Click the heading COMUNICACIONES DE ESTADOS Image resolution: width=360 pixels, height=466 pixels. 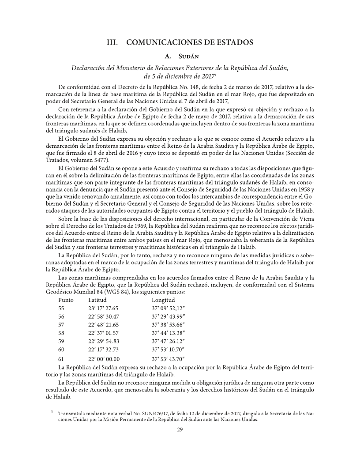(190, 43)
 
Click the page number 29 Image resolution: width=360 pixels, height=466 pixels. (180, 431)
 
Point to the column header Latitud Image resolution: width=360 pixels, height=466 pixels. (97, 301)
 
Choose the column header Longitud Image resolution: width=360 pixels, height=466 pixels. (164, 301)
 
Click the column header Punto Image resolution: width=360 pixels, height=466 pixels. (66, 301)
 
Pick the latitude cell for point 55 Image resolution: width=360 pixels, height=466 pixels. (104, 308)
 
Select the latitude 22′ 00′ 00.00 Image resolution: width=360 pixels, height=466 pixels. (104, 359)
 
